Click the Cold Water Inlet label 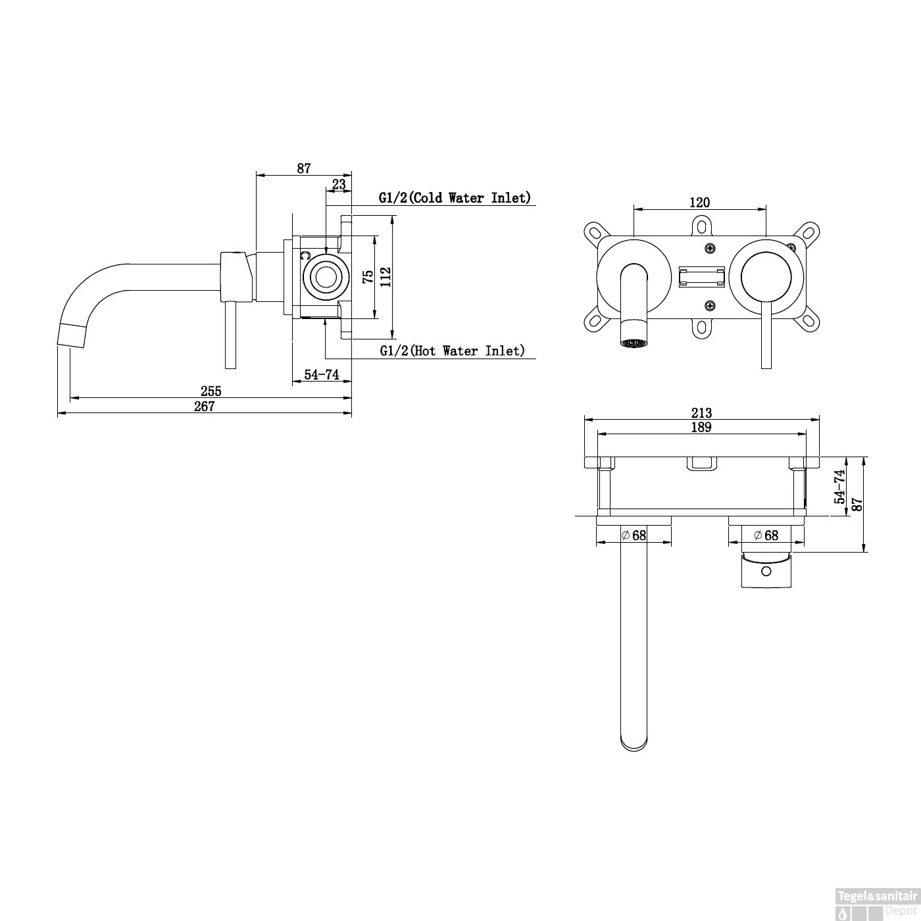coord(455,197)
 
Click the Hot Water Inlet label coord(452,351)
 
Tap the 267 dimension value coord(204,407)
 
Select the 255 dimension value coord(211,391)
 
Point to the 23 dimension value coord(338,184)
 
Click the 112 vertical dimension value coord(386,277)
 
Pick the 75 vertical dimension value coord(368,277)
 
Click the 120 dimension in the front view coord(699,202)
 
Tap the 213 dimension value coord(701,412)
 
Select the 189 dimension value coord(701,427)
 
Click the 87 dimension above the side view coord(303,168)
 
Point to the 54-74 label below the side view coord(322,374)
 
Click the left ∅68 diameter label coord(634,535)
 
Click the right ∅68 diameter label coord(766,535)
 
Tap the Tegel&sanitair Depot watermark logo coord(877,904)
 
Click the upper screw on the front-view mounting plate coord(710,249)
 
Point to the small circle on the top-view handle coord(766,571)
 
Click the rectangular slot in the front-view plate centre coord(702,277)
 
